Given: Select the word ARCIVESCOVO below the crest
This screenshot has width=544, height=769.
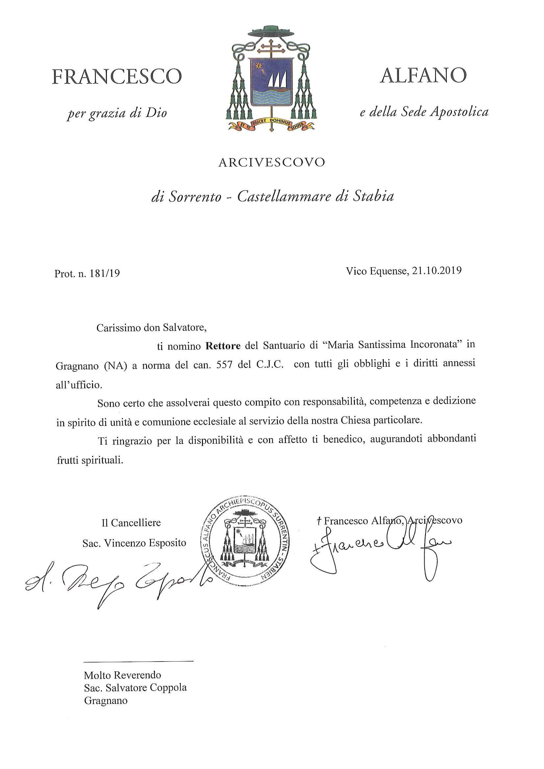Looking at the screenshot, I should click(271, 162).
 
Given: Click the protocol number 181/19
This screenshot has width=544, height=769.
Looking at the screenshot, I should click(105, 274).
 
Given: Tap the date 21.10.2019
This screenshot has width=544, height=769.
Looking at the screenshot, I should click(437, 270).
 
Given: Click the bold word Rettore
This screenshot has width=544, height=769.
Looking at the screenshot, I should click(223, 346).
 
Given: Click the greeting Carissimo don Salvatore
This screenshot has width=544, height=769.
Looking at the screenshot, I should click(152, 327).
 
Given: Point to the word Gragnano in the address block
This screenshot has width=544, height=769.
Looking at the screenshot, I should click(106, 700).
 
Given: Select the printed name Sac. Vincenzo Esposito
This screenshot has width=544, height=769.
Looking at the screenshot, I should click(134, 543).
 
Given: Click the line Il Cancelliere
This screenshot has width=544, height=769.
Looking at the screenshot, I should click(131, 523).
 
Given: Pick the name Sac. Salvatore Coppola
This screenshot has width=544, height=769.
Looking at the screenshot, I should click(135, 687).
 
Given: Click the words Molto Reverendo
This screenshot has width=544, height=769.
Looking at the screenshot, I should click(122, 675).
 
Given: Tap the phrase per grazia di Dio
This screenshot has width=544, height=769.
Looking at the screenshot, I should click(117, 113).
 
